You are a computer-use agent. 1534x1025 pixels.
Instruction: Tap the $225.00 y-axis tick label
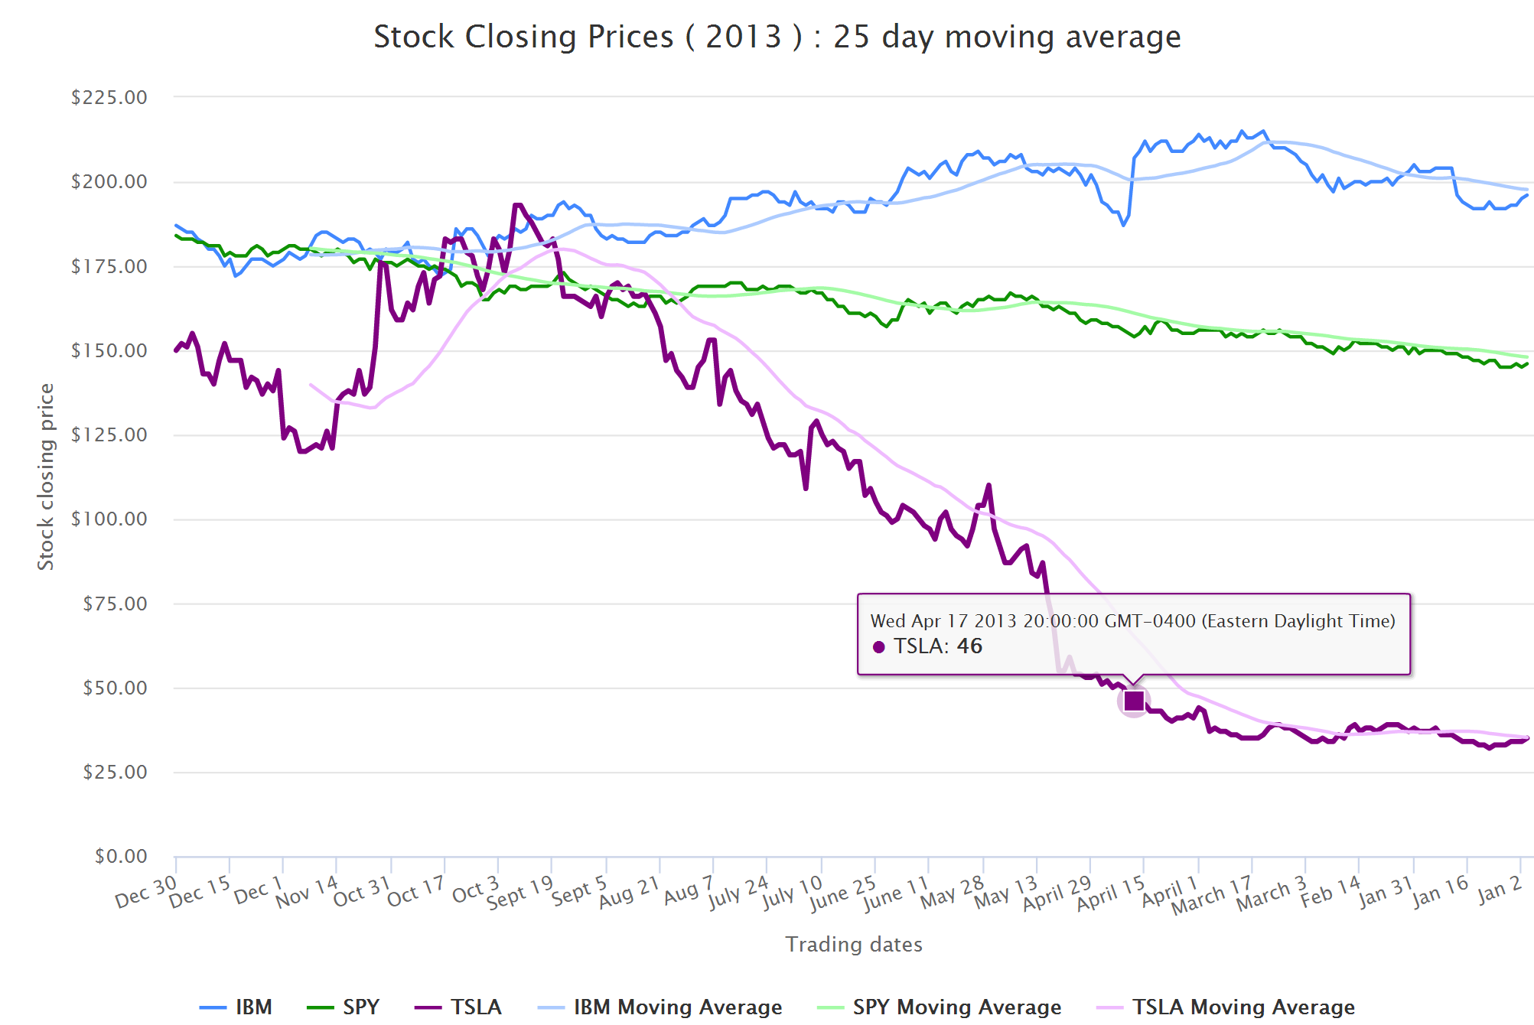tap(109, 97)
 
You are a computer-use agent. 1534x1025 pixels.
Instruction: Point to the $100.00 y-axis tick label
tap(109, 519)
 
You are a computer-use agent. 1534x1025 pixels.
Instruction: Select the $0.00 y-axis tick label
tap(121, 856)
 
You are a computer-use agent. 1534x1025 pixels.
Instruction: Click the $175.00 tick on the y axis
tap(109, 266)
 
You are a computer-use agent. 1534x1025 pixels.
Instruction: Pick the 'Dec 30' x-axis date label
tap(145, 892)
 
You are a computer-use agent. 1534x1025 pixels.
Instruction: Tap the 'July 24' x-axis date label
tap(738, 892)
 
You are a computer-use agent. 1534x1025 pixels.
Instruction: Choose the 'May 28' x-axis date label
tap(952, 892)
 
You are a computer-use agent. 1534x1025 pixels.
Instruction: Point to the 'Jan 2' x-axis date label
tap(1500, 890)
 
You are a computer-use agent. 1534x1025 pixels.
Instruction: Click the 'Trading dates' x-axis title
tap(854, 945)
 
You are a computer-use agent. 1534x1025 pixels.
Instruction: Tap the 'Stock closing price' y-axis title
tap(46, 477)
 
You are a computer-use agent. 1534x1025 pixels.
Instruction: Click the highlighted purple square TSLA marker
tap(1134, 701)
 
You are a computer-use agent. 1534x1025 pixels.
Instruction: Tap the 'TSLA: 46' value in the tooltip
tap(937, 646)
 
